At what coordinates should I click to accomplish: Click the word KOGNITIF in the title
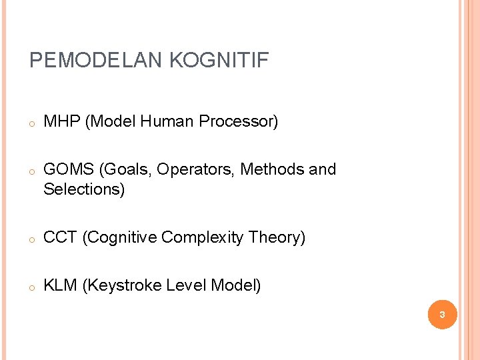tap(219, 61)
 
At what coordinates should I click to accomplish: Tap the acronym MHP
tap(61, 121)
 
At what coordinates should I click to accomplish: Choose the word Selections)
tap(84, 189)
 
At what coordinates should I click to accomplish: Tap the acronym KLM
tap(60, 285)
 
